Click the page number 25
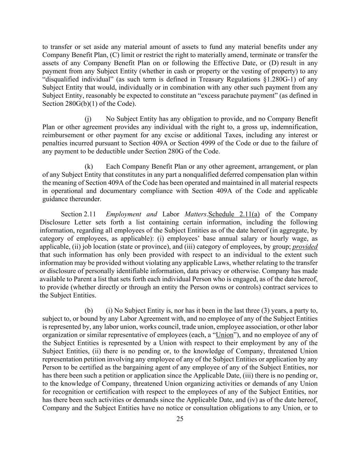click(x=180, y=419)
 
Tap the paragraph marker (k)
click(x=88, y=167)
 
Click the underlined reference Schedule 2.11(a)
click(x=234, y=214)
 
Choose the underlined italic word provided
click(x=305, y=246)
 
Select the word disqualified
click(x=62, y=79)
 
